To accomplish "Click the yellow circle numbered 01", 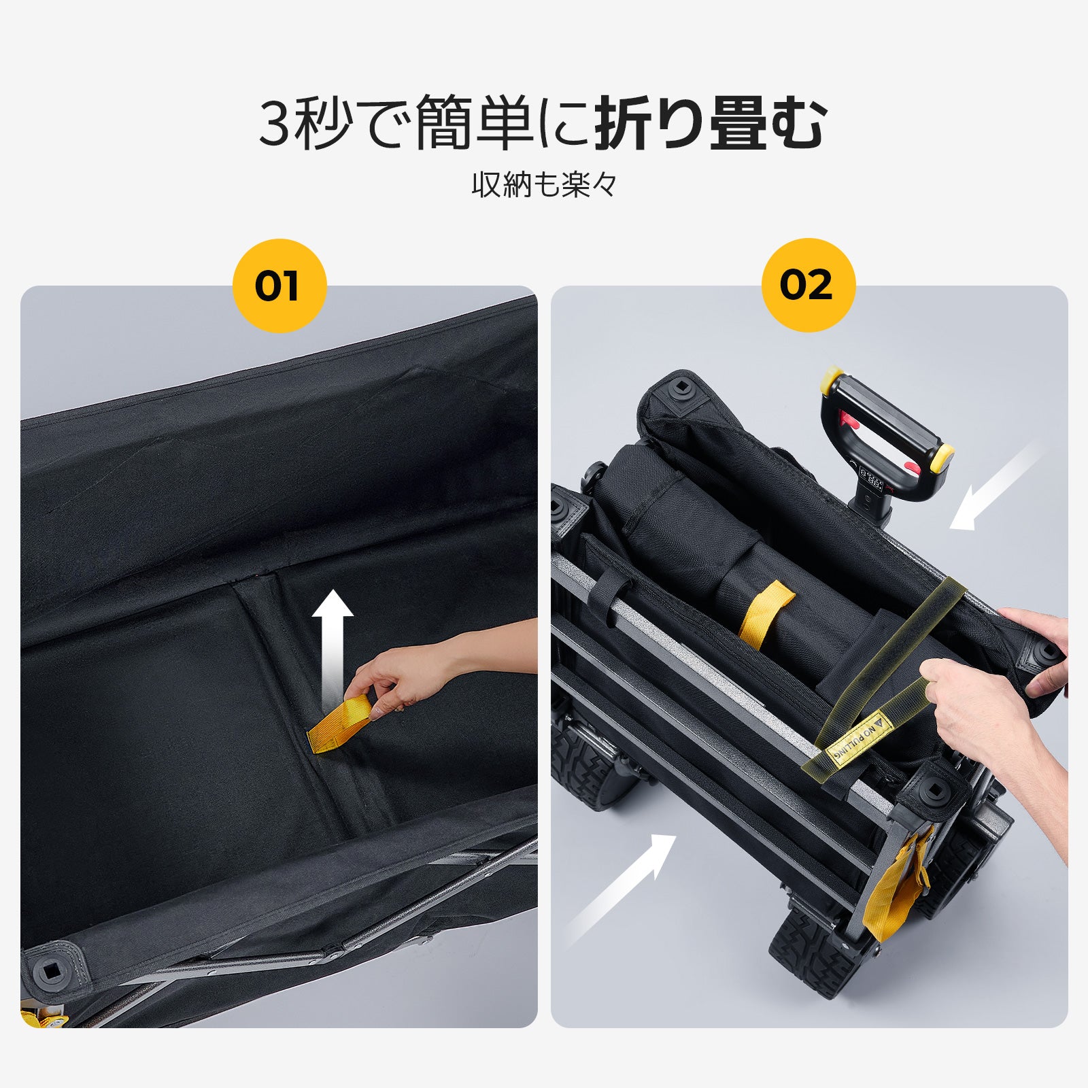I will pos(279,286).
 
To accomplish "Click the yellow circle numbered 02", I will pos(808,286).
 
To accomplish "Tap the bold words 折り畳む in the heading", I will pos(710,124).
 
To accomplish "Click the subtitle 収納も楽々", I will pos(544,185).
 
